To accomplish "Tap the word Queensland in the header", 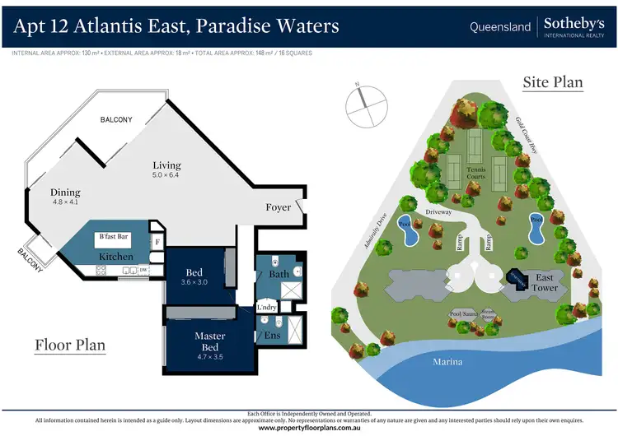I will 500,27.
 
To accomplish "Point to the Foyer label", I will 279,207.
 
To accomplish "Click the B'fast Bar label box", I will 115,237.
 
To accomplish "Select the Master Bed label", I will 210,341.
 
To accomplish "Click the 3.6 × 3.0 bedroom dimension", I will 195,283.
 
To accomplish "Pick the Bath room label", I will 279,272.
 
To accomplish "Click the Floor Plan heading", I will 70,345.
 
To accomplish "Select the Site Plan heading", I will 553,82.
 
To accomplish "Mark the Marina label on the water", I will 448,361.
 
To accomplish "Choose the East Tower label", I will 545,282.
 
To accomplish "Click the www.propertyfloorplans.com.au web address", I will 309,428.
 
